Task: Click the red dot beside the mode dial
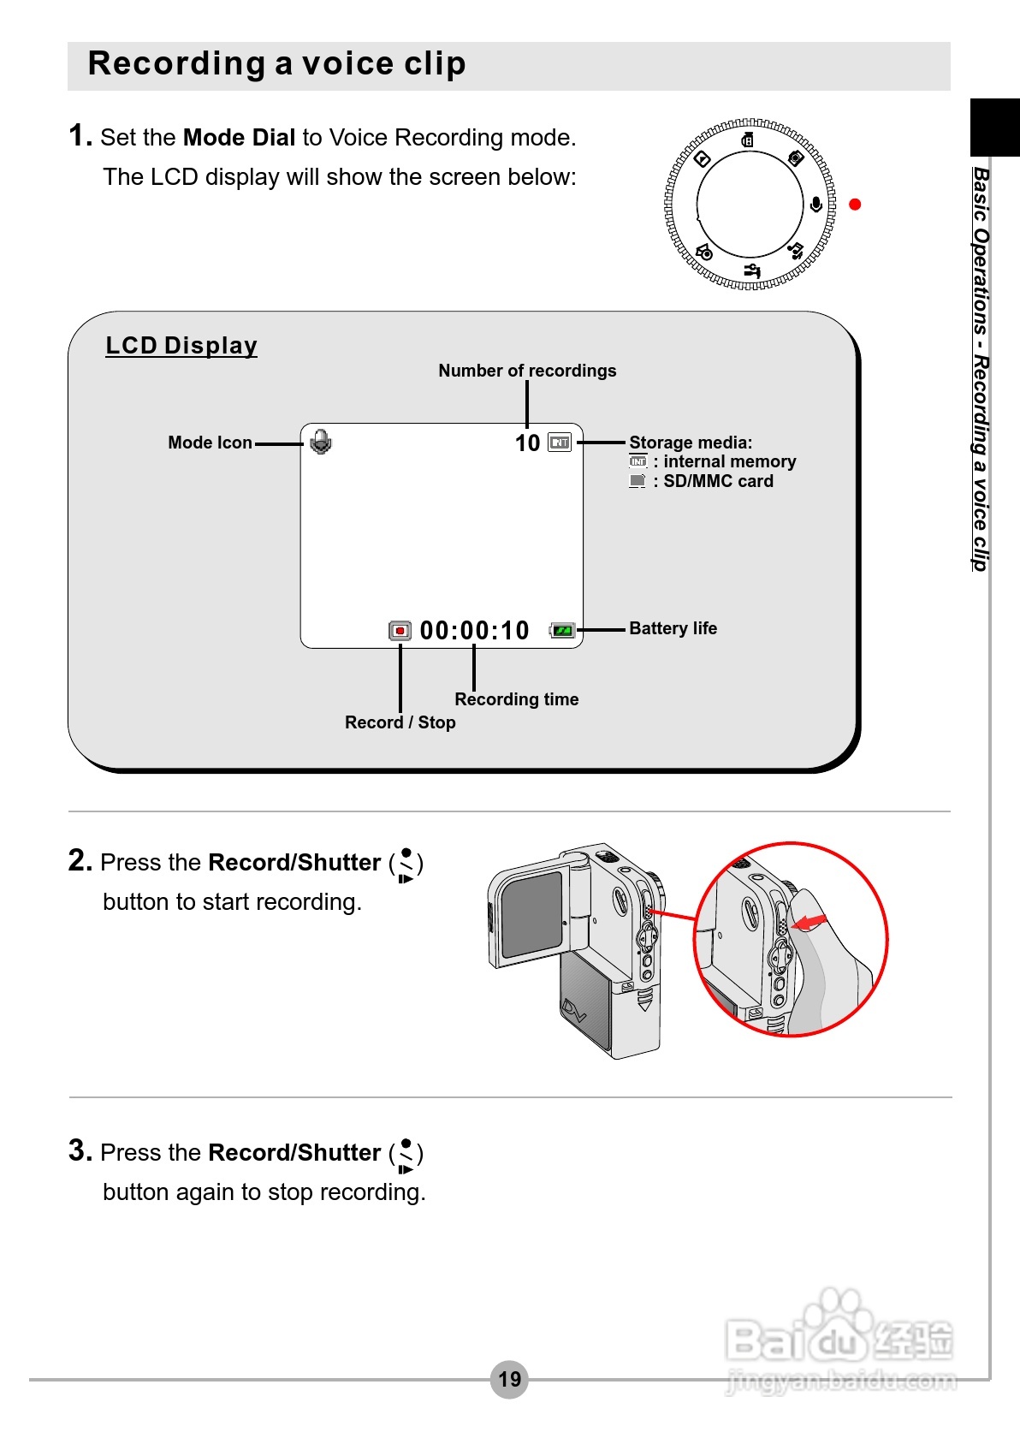(854, 204)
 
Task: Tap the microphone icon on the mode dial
(816, 205)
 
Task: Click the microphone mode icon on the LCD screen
(321, 442)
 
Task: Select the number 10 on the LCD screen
(527, 443)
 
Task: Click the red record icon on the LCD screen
(400, 631)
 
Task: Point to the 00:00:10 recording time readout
(475, 631)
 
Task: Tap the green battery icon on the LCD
(562, 631)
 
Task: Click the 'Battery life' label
(673, 628)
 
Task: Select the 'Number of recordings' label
(527, 371)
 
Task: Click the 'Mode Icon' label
(210, 443)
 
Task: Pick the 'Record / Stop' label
(400, 722)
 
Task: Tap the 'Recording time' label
(516, 699)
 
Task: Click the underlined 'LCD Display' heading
(181, 346)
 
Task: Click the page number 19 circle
(509, 1379)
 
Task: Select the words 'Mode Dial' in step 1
(239, 138)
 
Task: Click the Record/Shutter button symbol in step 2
(406, 864)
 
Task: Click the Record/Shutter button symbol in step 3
(406, 1154)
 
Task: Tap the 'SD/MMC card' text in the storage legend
(718, 481)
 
